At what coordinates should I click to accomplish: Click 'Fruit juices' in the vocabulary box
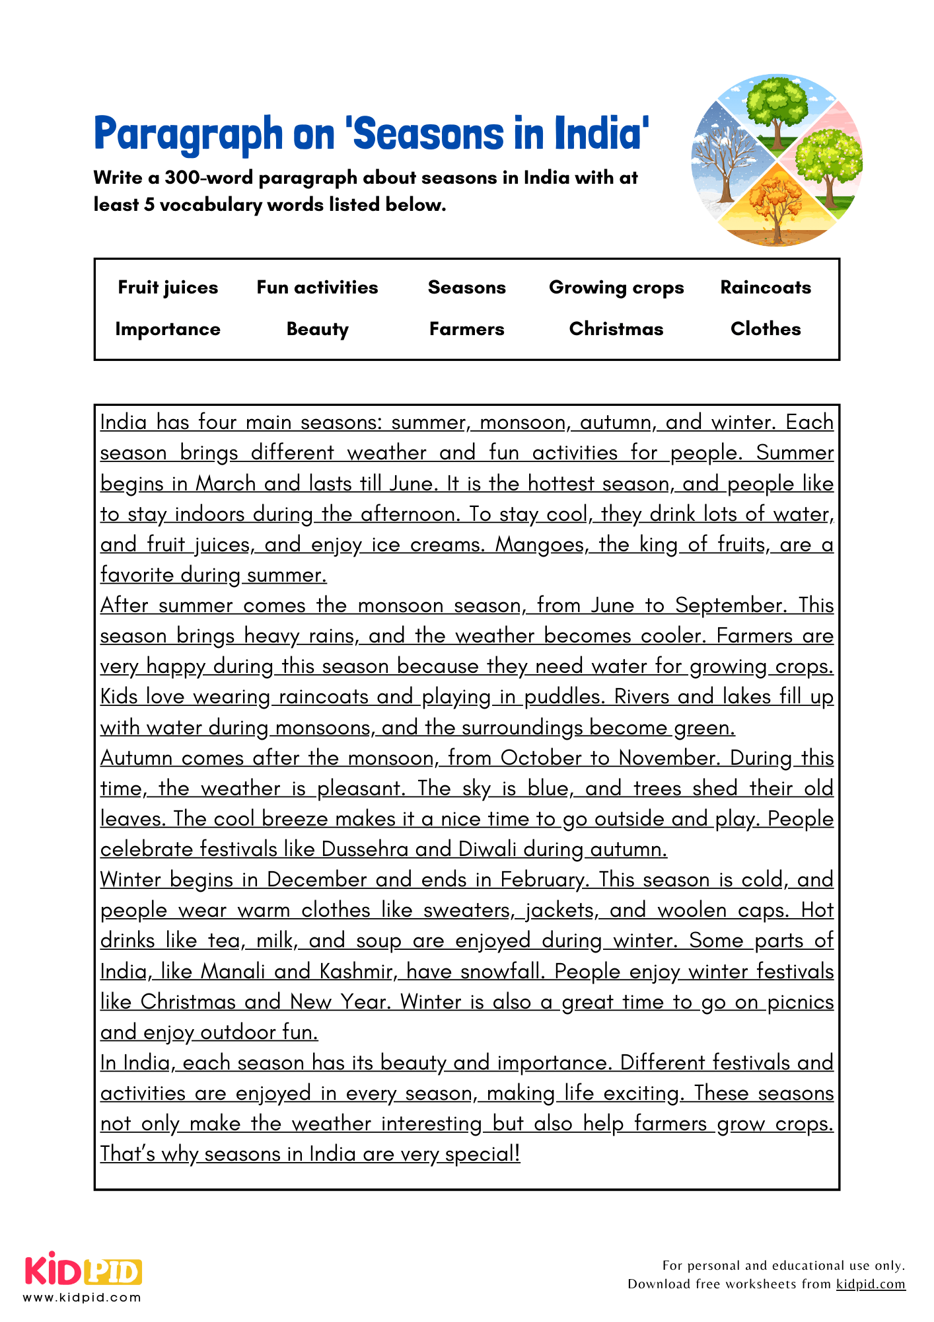[x=168, y=288]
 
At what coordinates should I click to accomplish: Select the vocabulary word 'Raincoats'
[x=765, y=288]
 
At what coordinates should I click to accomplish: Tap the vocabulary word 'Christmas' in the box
[x=616, y=329]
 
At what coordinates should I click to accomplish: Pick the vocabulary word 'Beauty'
[x=317, y=329]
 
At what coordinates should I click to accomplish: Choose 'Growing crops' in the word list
[x=616, y=288]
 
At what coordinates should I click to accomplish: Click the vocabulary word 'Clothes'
[x=765, y=329]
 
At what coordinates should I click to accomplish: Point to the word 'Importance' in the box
[x=168, y=329]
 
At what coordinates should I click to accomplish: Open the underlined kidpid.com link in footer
[x=870, y=1284]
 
